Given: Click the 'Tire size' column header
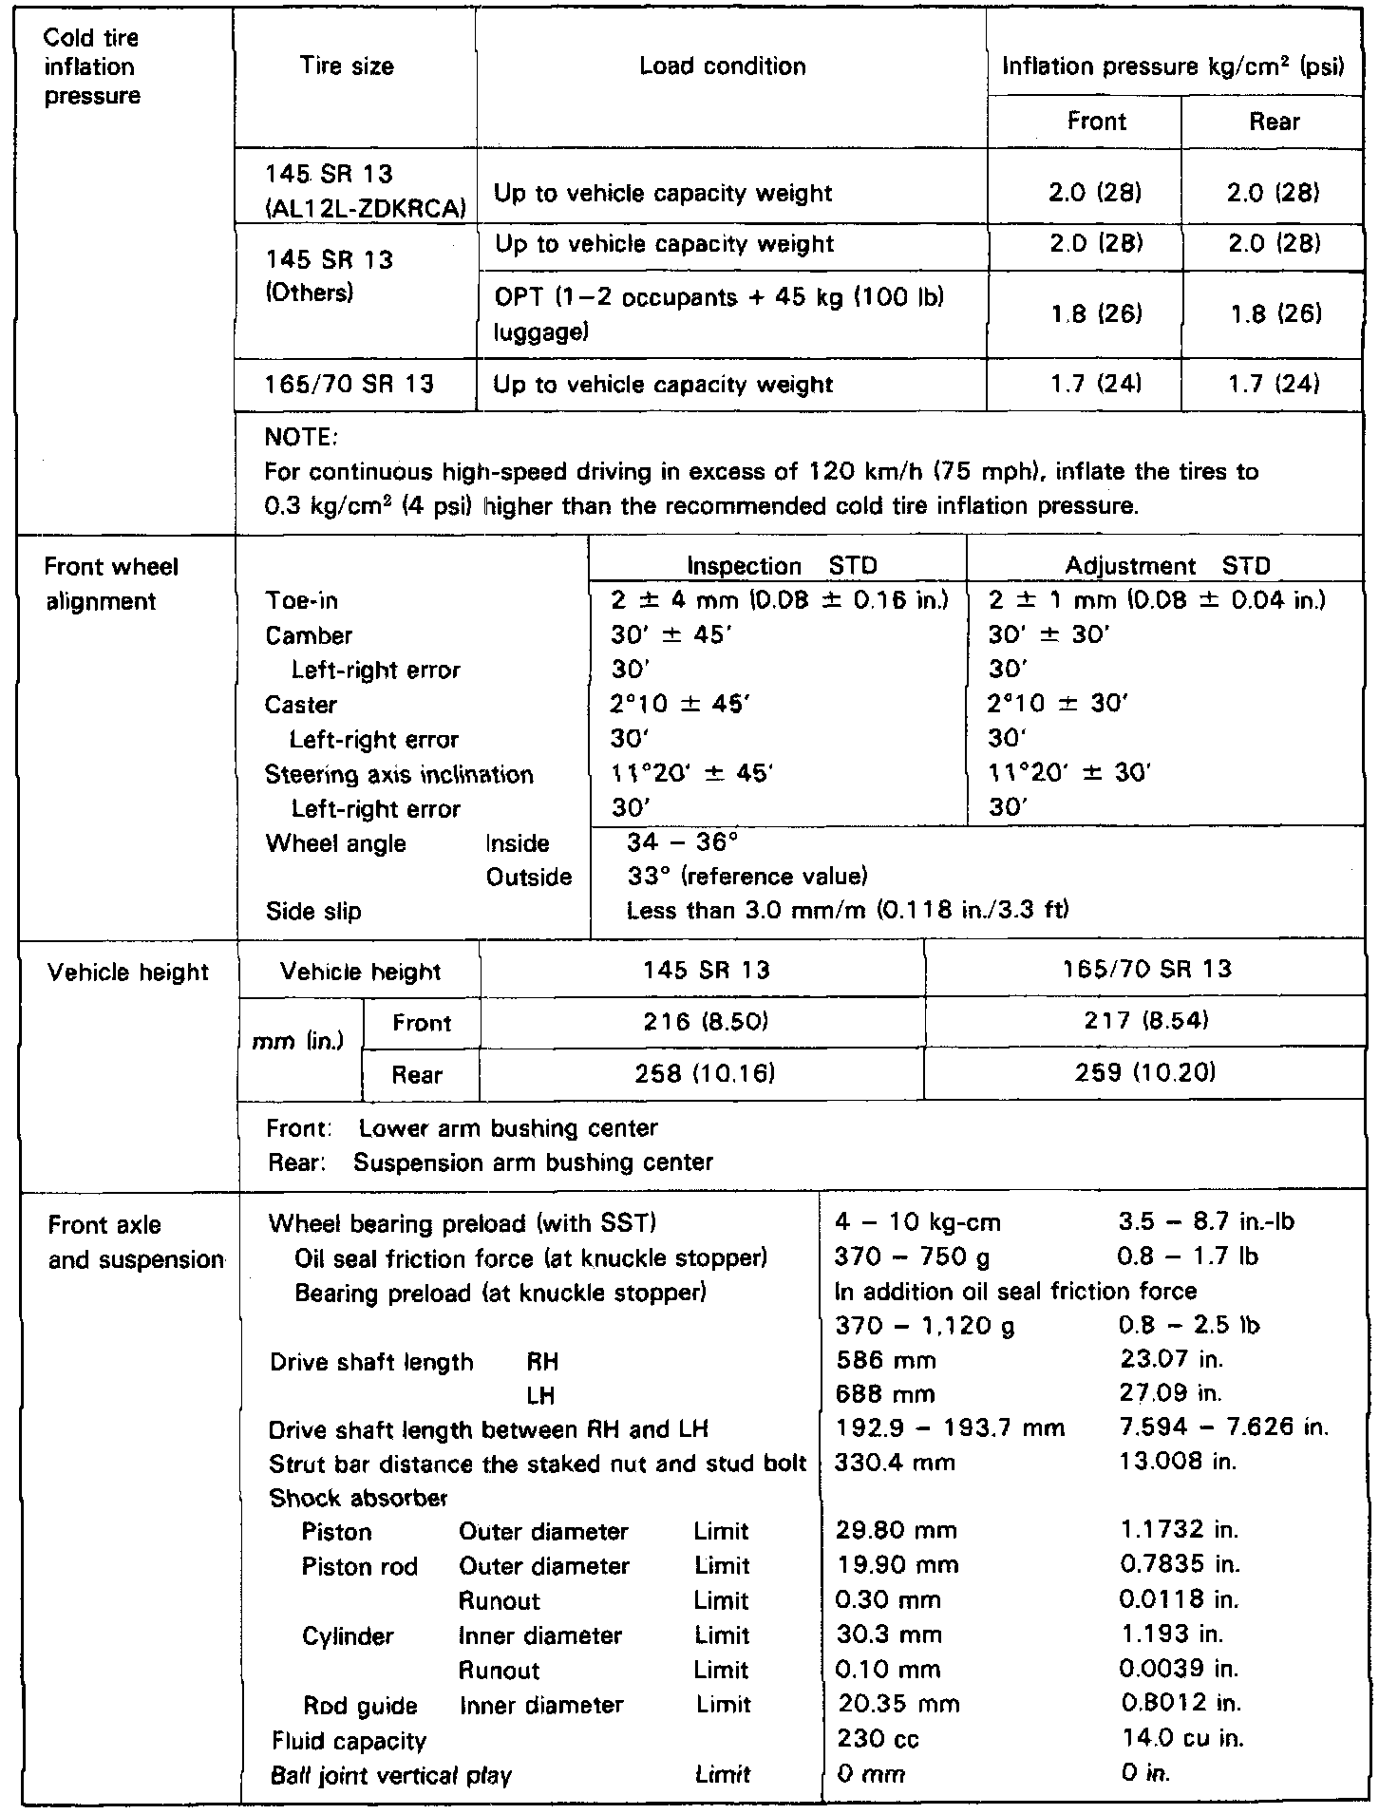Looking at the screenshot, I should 347,66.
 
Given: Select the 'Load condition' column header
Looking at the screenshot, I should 722,66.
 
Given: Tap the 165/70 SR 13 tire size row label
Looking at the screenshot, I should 350,385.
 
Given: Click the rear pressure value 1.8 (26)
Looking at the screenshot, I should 1275,314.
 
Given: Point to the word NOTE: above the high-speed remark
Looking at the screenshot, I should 301,438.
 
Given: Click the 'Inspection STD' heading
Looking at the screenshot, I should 782,567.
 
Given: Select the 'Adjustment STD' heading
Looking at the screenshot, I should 1167,567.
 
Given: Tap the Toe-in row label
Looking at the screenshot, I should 302,601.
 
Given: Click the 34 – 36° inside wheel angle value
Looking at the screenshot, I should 682,842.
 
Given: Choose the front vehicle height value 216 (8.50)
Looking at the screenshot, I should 702,1022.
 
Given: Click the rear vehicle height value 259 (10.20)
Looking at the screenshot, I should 1145,1073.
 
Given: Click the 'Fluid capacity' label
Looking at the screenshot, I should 349,1740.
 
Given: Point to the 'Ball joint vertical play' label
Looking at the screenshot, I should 390,1774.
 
